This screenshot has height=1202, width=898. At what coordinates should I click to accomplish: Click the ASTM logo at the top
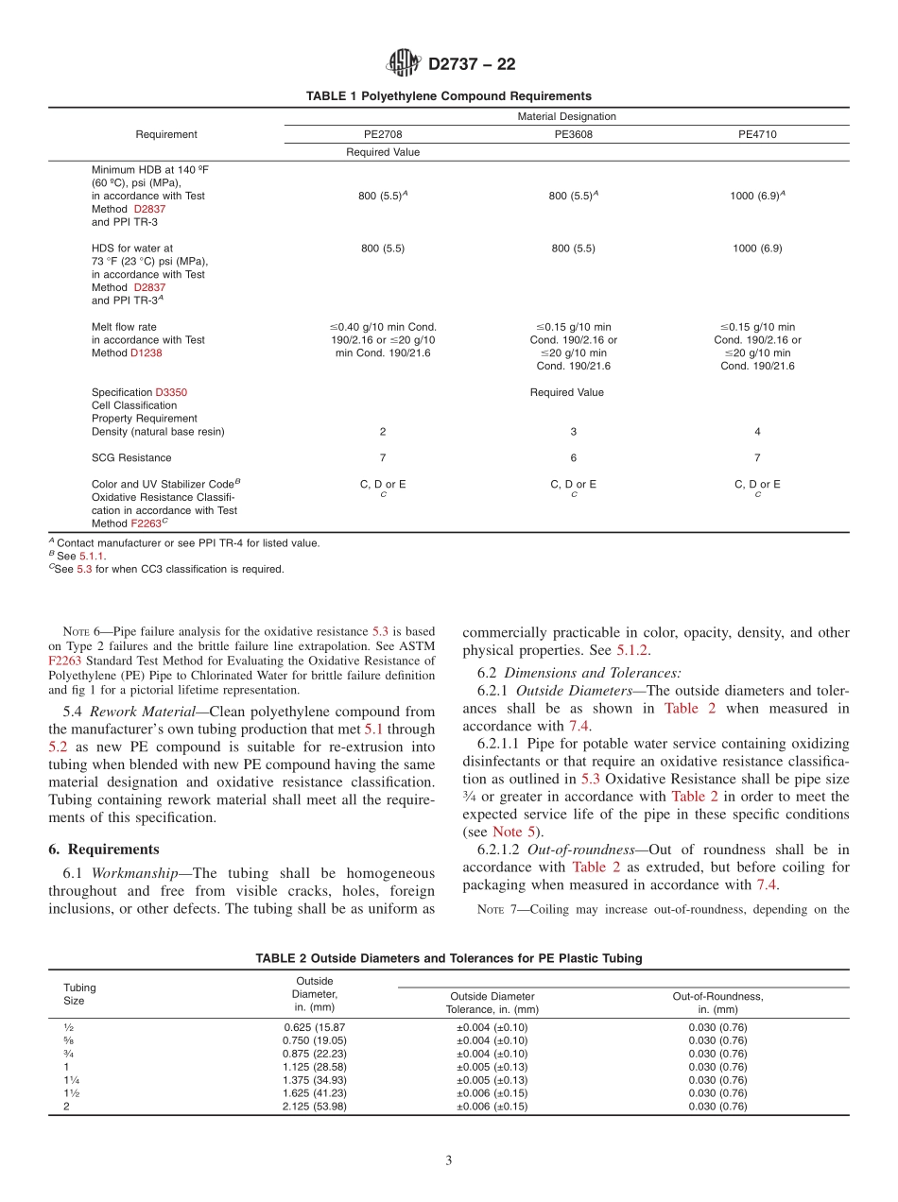point(404,64)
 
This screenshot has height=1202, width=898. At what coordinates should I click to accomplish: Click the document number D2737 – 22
point(472,65)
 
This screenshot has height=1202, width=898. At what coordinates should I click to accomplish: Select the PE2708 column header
point(383,134)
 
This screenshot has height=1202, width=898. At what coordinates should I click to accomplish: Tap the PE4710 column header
point(757,134)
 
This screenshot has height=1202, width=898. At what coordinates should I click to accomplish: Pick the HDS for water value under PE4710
point(757,249)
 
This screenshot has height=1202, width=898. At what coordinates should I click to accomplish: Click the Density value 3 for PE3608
point(573,432)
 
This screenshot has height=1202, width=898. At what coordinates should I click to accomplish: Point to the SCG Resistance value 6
point(573,458)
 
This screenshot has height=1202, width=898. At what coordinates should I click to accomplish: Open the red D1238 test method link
point(147,353)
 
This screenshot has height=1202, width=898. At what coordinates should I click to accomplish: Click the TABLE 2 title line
point(448,958)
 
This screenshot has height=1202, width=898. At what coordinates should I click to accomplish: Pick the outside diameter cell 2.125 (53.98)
point(314,1107)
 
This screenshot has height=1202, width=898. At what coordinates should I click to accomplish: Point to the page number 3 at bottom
point(449,1161)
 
